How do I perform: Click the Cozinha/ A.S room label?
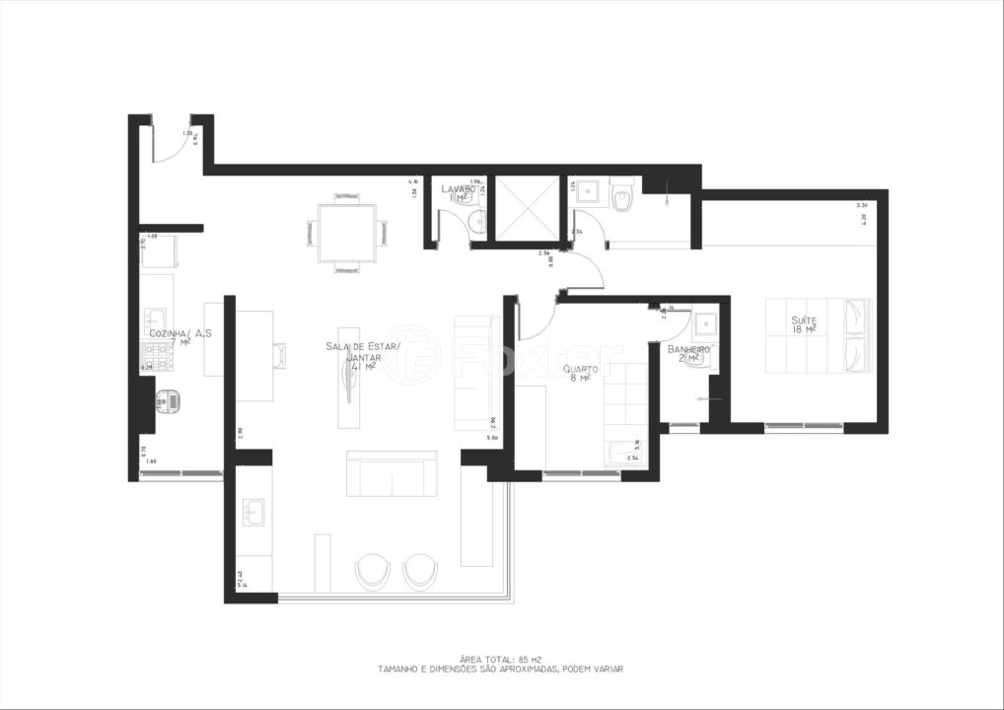[x=180, y=339]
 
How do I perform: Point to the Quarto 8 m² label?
[x=578, y=374]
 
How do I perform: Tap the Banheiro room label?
[x=689, y=353]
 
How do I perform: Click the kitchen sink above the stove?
[x=156, y=319]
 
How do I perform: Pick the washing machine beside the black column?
[x=171, y=401]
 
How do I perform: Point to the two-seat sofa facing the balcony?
[x=392, y=474]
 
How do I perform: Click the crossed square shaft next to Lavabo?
[x=526, y=208]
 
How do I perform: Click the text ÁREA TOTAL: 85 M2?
[x=500, y=658]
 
